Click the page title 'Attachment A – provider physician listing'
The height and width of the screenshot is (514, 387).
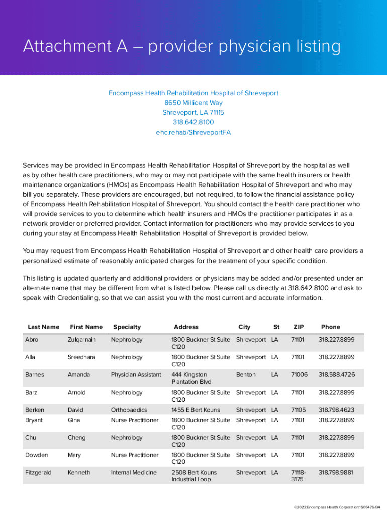tap(181, 47)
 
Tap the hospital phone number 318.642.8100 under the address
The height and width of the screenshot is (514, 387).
tap(193, 122)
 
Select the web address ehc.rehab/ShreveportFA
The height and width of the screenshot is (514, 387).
tap(193, 133)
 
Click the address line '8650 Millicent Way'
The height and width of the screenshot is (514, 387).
tap(193, 103)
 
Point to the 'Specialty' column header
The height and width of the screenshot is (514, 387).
tap(127, 327)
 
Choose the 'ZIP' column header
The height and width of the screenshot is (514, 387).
tap(299, 327)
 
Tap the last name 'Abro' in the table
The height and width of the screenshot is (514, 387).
tap(31, 340)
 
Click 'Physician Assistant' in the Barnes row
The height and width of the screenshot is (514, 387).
tap(136, 375)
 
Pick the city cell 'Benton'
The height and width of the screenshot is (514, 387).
tap(246, 375)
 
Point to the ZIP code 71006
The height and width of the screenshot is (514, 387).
tap(298, 375)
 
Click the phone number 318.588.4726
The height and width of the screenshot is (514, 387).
tap(336, 375)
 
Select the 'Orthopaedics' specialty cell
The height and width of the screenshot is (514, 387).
tap(129, 410)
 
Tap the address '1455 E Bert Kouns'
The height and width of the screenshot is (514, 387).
tap(196, 410)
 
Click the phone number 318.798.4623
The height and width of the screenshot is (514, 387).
tap(336, 410)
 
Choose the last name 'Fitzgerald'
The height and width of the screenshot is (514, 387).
tap(38, 473)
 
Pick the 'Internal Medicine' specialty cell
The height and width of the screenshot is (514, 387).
tap(134, 473)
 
